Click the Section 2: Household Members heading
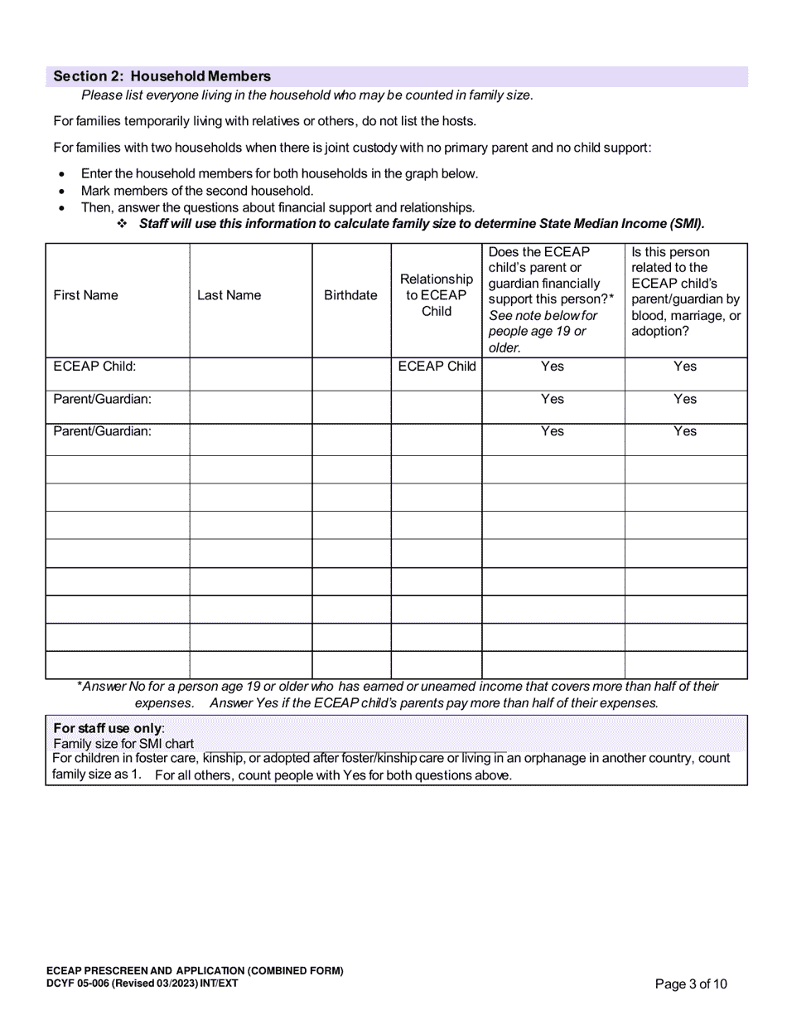[162, 76]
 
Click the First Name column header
[85, 295]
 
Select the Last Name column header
[229, 295]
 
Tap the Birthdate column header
[350, 295]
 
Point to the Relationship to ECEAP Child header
[436, 295]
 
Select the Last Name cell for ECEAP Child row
[250, 374]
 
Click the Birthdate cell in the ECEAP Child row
[351, 374]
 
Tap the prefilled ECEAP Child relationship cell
[437, 367]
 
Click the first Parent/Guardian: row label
[103, 399]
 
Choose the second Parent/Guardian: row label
[103, 431]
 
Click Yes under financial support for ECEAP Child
[552, 367]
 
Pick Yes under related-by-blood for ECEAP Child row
[685, 367]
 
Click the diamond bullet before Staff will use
[122, 224]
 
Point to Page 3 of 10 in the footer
[691, 984]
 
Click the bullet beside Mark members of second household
[62, 191]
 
